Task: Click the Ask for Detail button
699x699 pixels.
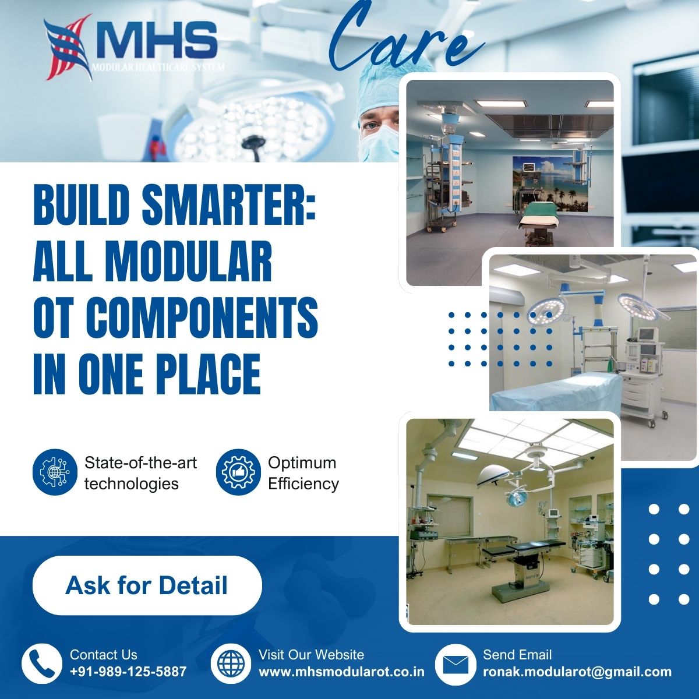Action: [x=147, y=585]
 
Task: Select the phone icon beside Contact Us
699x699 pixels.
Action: [x=41, y=664]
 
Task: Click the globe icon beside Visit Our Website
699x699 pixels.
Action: [x=231, y=664]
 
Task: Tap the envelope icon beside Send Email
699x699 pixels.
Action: [x=456, y=664]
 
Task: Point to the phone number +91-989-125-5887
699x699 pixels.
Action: [x=128, y=672]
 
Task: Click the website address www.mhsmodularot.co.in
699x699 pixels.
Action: [x=341, y=672]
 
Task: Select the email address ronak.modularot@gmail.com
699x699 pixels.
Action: [x=577, y=672]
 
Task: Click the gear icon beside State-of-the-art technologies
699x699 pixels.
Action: [x=55, y=472]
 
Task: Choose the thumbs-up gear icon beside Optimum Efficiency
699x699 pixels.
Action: [x=238, y=472]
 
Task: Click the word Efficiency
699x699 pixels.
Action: [x=303, y=484]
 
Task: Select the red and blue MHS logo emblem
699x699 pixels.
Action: [x=67, y=47]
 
